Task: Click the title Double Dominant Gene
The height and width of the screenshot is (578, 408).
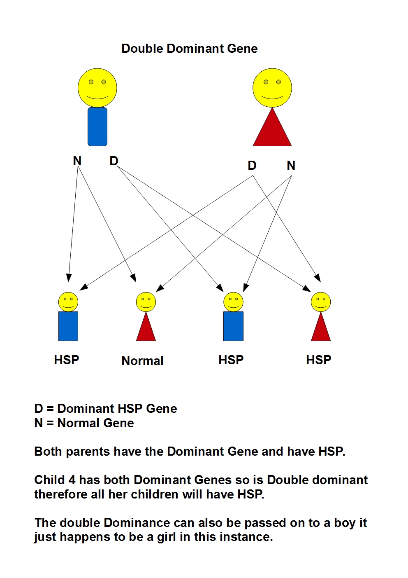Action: (x=189, y=49)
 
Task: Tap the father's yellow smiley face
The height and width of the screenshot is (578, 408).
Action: (x=97, y=88)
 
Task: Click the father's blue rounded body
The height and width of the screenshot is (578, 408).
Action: (x=97, y=127)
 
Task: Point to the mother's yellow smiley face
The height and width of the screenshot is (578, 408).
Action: (x=272, y=88)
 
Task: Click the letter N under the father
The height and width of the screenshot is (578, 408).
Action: (x=77, y=160)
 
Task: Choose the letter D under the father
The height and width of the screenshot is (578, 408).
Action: (x=114, y=161)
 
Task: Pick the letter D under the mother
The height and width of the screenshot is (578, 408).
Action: (x=252, y=166)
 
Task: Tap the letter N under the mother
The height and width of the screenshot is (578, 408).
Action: (x=291, y=166)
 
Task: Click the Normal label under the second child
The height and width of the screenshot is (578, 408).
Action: (x=142, y=361)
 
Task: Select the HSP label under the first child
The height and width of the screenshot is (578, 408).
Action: (x=66, y=360)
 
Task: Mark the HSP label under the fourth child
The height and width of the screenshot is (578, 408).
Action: (x=318, y=360)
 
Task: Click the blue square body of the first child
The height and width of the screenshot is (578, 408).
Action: (x=68, y=326)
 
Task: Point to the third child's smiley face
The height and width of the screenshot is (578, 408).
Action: (x=233, y=302)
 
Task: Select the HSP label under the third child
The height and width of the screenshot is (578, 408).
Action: (x=231, y=360)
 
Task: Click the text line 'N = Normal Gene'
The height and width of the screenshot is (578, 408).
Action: (x=84, y=423)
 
